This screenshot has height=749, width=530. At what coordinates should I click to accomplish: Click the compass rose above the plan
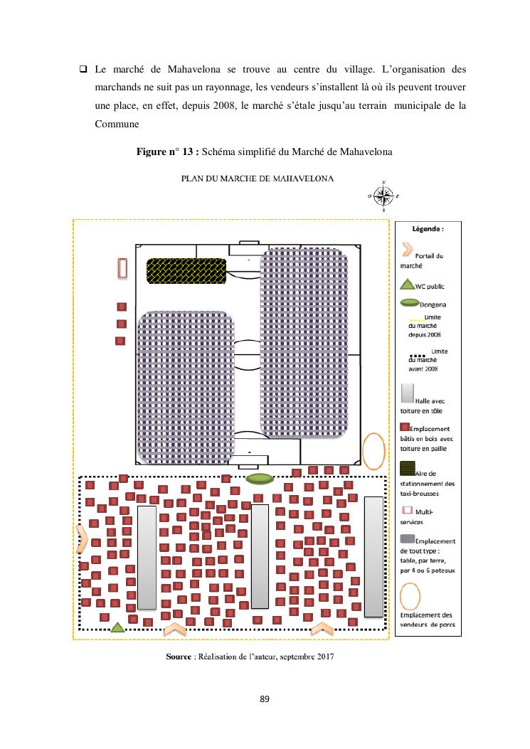[x=384, y=196]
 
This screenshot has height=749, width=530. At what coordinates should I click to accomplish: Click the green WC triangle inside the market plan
[x=118, y=627]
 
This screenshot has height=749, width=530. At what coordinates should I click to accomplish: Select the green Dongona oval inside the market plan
[x=259, y=479]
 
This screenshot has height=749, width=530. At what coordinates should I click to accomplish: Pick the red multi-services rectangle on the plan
[x=122, y=268]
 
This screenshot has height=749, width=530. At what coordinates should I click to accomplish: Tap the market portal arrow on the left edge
[x=83, y=538]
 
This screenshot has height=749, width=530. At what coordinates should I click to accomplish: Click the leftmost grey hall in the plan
[x=147, y=557]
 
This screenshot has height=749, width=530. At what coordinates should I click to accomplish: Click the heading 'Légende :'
[x=428, y=230]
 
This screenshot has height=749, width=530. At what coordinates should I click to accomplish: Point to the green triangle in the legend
[x=406, y=285]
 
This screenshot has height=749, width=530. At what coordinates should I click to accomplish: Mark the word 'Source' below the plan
[x=178, y=657]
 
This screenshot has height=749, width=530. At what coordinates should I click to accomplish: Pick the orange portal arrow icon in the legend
[x=407, y=249]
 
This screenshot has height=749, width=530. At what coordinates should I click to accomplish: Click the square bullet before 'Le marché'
[x=82, y=70]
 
